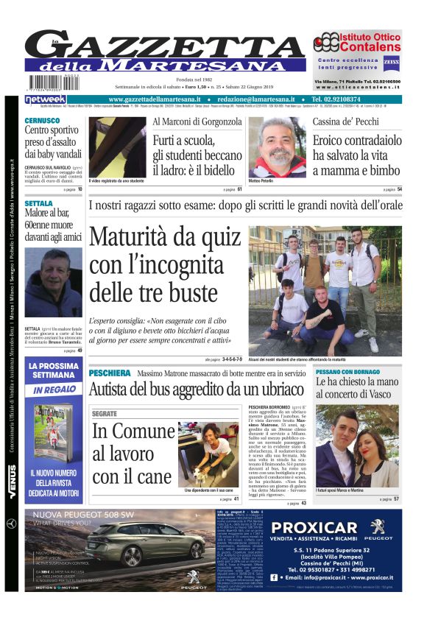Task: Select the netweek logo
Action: pos(46,99)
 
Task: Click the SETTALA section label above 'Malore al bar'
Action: pos(39,202)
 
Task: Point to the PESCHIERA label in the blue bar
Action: pos(110,373)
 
